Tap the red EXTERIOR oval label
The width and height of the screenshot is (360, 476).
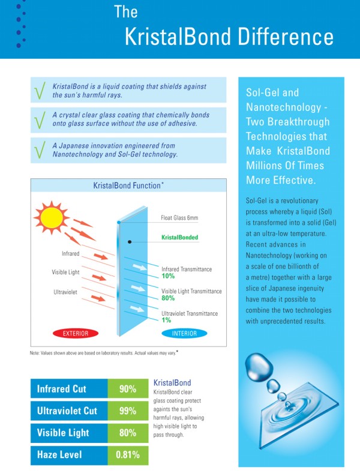tap(76, 333)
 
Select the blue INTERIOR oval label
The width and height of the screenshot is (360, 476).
tap(184, 333)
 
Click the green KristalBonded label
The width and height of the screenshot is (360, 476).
tap(179, 238)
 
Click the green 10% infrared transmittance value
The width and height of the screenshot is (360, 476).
tap(168, 276)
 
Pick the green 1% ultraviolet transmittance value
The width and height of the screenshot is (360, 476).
tap(165, 321)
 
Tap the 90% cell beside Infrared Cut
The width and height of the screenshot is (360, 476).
tap(127, 389)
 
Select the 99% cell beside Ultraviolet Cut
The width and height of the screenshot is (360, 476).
tap(127, 411)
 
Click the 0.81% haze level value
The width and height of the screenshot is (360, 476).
tap(127, 454)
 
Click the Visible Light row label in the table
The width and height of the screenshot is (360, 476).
tap(63, 433)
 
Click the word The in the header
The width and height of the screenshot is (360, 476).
tap(125, 11)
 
